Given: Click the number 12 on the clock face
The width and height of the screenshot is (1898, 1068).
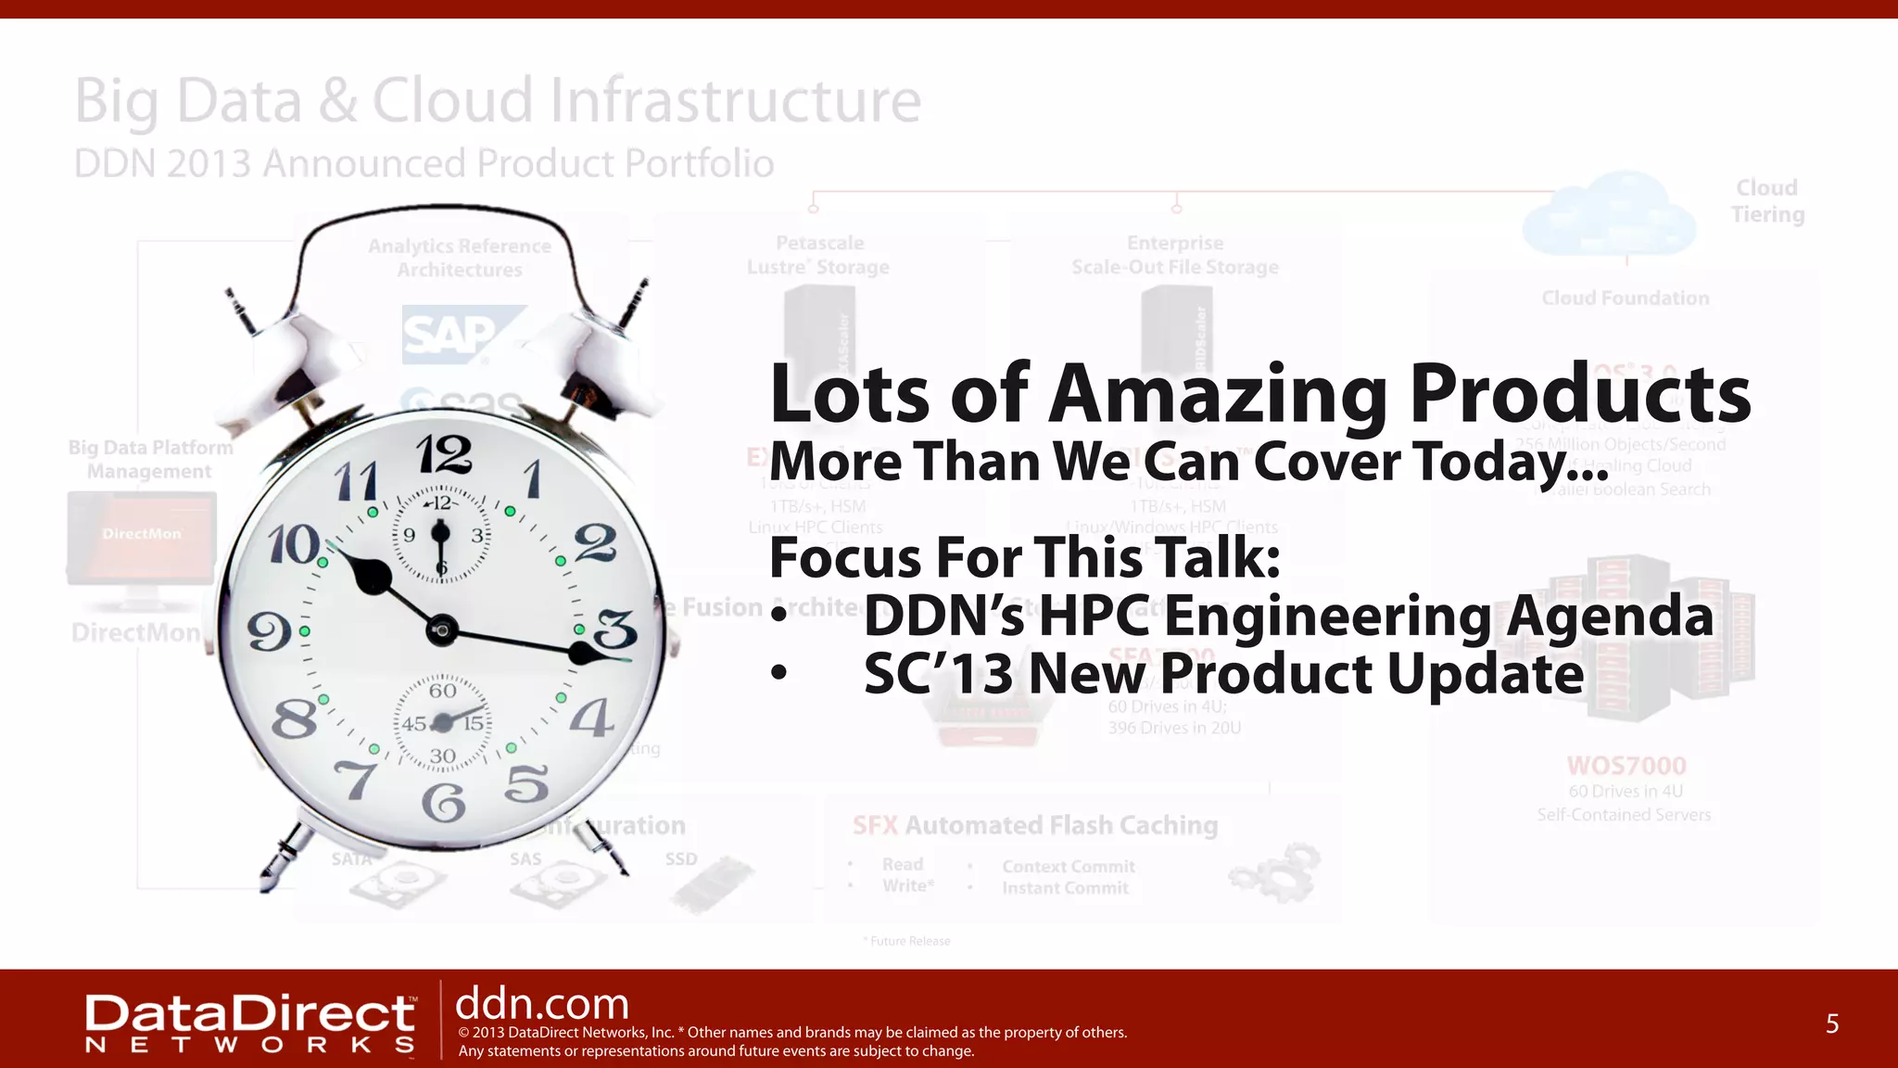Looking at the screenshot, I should click(x=444, y=456).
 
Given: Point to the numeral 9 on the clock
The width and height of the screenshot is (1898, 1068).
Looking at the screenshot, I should click(x=269, y=633).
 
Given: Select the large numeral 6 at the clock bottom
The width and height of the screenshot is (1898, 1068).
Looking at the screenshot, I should click(x=444, y=803).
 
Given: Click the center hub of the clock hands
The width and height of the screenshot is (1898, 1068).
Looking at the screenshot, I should click(x=442, y=630).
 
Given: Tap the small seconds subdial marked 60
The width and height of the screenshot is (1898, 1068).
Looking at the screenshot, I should click(x=443, y=722).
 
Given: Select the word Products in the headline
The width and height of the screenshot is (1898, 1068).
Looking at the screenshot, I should click(x=1580, y=394).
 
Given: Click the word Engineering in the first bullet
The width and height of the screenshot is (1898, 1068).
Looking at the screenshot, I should click(x=1327, y=617).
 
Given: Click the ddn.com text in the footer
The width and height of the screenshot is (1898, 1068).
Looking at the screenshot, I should click(x=542, y=1004).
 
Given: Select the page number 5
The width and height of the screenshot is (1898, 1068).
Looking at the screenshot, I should click(x=1831, y=1023).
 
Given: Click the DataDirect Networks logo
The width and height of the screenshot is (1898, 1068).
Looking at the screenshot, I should click(x=250, y=1023).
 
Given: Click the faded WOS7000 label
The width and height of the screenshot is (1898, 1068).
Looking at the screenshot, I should click(x=1626, y=766).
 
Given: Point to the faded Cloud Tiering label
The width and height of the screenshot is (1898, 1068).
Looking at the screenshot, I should click(x=1767, y=201).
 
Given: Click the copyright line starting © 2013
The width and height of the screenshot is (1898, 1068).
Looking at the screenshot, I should click(x=792, y=1033).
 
